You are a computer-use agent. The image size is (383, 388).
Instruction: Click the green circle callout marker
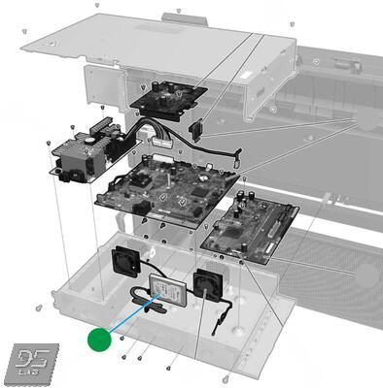tap(99, 339)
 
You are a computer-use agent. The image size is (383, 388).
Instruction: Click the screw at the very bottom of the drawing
tap(226, 377)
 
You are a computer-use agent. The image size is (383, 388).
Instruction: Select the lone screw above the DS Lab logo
tap(38, 307)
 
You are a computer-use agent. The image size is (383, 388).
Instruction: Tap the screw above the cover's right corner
tap(291, 24)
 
